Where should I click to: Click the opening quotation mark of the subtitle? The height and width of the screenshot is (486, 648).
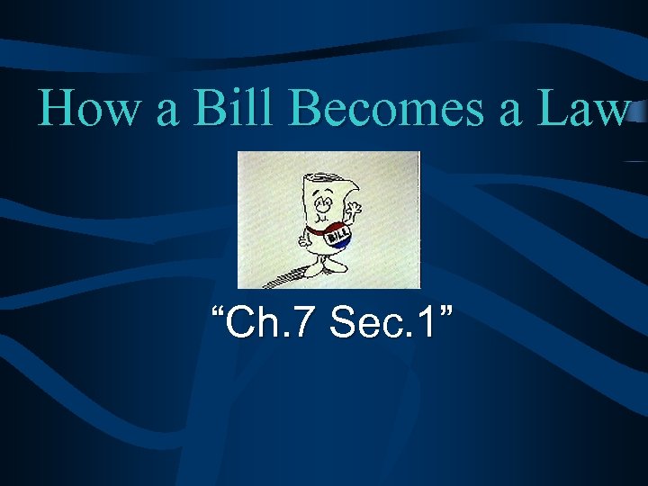(x=217, y=311)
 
